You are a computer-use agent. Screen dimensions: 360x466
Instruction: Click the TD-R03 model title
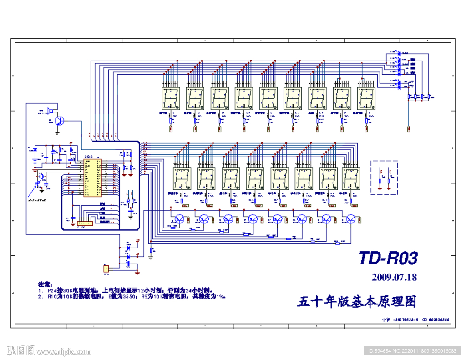388,259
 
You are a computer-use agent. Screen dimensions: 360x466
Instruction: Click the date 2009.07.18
394,277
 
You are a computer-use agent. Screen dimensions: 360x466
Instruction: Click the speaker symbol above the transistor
51,111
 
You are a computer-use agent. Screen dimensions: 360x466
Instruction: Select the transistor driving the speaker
59,121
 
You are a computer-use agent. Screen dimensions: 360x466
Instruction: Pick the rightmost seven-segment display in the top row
367,98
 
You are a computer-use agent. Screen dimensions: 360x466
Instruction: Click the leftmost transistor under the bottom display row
181,219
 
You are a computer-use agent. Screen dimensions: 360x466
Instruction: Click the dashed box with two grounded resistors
385,177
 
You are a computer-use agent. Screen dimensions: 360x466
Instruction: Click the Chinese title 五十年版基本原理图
357,301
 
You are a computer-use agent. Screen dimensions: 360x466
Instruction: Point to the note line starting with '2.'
132,296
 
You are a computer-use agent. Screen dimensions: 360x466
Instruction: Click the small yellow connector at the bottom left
106,269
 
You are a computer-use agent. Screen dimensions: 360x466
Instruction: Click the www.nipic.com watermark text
64,351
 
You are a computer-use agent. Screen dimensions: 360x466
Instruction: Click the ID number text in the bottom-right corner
412,351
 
